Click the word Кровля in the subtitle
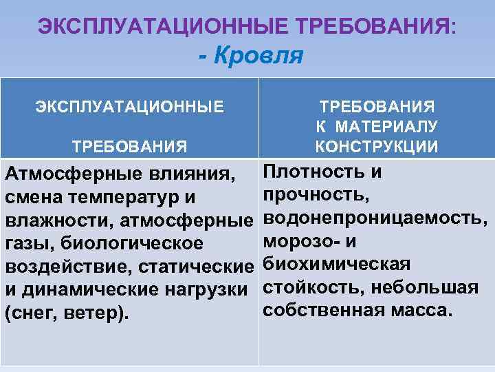click(x=258, y=55)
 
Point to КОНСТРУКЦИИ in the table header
click(x=377, y=146)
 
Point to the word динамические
click(x=89, y=289)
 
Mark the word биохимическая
click(x=337, y=264)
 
